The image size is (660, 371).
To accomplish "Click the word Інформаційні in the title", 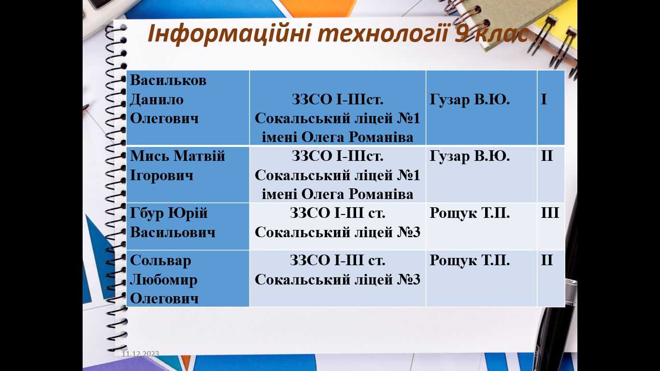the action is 229,34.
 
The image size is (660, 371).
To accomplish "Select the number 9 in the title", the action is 463,33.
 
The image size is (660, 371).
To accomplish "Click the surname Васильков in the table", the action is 168,80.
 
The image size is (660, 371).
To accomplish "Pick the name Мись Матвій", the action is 177,156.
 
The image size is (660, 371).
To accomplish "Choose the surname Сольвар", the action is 160,260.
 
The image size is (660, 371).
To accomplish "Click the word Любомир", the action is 163,280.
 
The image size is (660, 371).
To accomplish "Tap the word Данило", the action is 157,100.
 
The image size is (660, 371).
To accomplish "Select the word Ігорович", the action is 162,176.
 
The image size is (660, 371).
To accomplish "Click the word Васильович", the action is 172,232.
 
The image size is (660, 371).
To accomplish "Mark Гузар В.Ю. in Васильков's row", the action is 470,100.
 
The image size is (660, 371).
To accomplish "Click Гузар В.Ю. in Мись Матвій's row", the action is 470,156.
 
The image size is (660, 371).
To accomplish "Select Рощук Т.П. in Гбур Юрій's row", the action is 470,213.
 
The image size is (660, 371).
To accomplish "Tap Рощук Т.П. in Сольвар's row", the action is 470,260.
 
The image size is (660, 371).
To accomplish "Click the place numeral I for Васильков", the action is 544,100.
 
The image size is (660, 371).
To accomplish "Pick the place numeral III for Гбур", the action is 550,213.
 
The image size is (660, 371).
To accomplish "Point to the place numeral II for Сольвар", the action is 547,260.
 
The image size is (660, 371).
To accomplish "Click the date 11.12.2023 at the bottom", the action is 141,354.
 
